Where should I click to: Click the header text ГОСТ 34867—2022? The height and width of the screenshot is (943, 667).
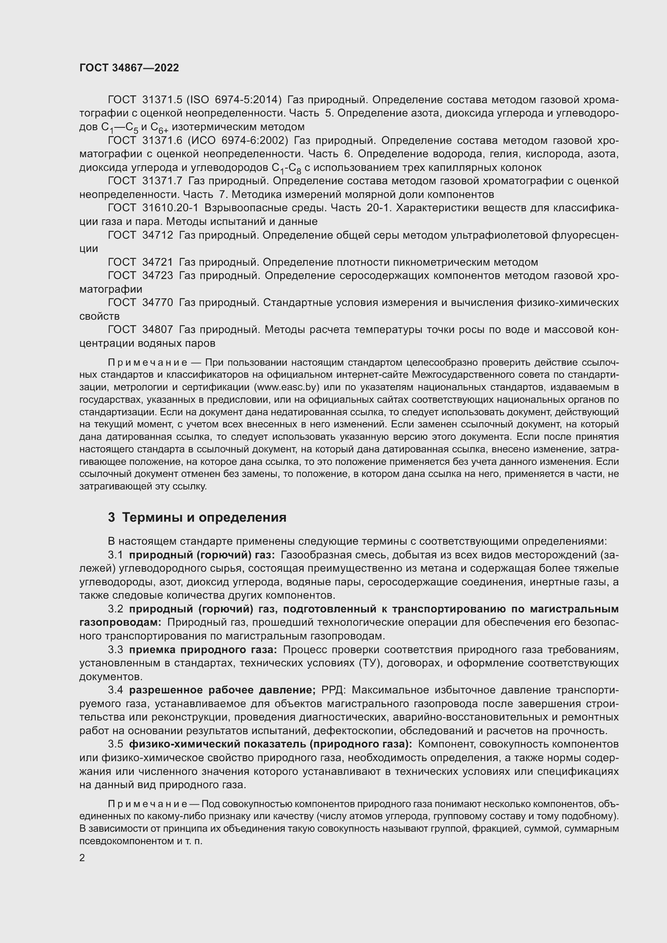(129, 68)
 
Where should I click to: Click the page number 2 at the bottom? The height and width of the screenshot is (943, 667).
(82, 858)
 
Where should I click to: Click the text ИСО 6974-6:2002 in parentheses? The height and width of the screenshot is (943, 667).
(238, 140)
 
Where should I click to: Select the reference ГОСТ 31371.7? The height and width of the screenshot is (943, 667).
(145, 181)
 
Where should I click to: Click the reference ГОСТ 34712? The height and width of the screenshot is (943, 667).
(140, 235)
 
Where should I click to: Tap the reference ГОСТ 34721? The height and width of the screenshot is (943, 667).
(140, 262)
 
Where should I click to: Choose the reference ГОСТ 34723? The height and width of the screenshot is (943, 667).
(140, 276)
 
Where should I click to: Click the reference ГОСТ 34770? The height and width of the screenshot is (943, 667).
(140, 303)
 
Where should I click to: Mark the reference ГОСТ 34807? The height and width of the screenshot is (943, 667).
(140, 330)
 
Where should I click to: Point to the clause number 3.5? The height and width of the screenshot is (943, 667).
(115, 744)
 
